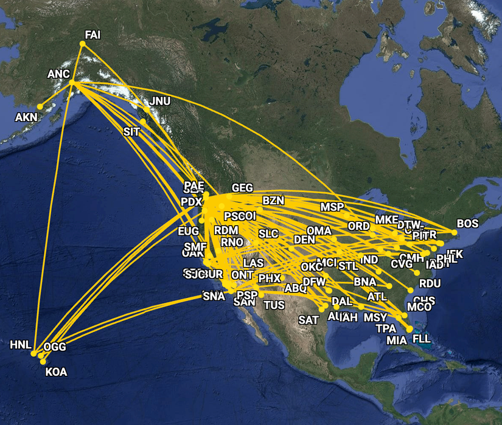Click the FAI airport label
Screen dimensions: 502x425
pos(92,35)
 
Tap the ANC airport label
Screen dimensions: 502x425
pos(59,74)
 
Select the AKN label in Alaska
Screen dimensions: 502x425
pos(26,116)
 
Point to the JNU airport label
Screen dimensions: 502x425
pos(160,101)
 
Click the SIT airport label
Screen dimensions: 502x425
pos(131,131)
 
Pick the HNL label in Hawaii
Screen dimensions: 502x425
pos(20,345)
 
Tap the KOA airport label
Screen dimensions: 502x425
pos(57,372)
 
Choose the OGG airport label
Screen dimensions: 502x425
pos(55,347)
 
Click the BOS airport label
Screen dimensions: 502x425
pos(467,223)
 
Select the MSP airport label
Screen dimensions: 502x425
pos(332,207)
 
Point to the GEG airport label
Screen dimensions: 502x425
pos(242,188)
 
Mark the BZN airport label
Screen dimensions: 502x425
pos(273,200)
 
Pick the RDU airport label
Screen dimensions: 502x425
pos(430,283)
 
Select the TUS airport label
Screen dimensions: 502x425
pos(274,305)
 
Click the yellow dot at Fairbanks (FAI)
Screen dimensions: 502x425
pos(83,44)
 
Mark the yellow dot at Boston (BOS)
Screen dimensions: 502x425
pos(454,232)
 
